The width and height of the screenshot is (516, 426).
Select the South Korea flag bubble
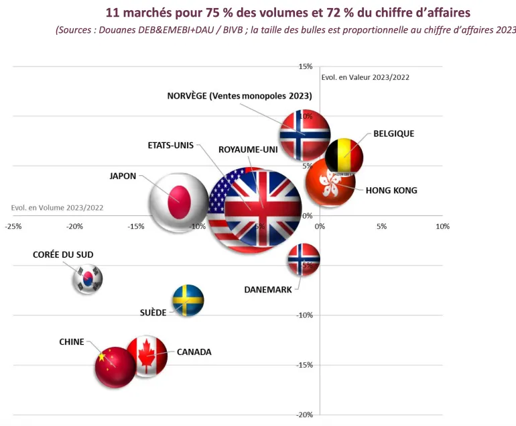click(x=88, y=279)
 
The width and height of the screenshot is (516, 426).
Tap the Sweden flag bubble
click(x=188, y=300)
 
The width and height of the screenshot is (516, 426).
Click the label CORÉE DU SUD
click(x=63, y=255)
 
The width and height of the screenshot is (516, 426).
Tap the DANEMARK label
click(x=268, y=290)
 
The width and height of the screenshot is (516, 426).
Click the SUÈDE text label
click(x=153, y=313)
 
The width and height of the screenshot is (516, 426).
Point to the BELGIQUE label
click(x=393, y=134)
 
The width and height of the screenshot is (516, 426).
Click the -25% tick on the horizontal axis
click(x=13, y=226)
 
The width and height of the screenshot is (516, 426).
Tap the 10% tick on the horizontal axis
click(x=442, y=226)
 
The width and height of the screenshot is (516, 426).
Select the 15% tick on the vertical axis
click(x=306, y=66)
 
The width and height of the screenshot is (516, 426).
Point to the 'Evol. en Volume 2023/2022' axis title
click(x=58, y=207)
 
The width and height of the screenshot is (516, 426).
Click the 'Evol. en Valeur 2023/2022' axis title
click(x=365, y=77)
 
